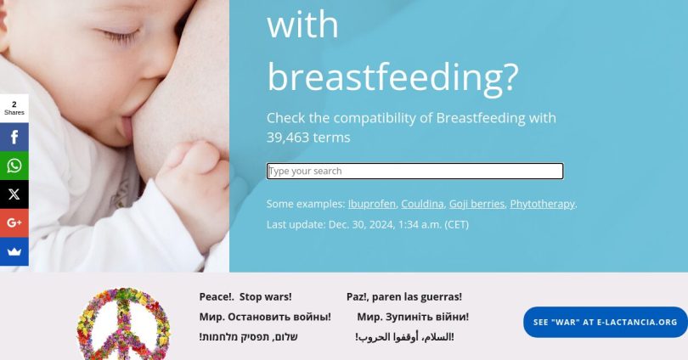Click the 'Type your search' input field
coord(414,171)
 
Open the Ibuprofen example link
coord(372,204)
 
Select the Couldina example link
coord(422,204)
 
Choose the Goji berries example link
coord(477,204)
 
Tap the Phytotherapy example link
coord(542,204)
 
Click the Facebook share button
coord(14,137)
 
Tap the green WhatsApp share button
coord(14,166)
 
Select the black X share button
coord(14,194)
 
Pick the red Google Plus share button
coord(14,222)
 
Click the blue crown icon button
coord(14,251)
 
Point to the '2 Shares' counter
coord(14,108)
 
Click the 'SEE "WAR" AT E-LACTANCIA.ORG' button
coord(605,323)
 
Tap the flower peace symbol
coord(123,323)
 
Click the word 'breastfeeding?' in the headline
coord(392,77)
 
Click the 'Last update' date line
coord(368,224)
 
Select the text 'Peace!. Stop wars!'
coord(245,297)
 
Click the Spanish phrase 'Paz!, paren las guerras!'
coord(404,297)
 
